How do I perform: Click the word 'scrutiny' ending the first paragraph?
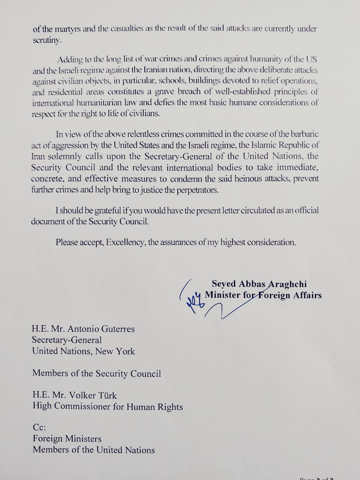[x=46, y=40]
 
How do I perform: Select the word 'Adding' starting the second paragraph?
[x=69, y=59]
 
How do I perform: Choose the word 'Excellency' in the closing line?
[x=126, y=242]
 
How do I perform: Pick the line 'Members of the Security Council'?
[x=97, y=373]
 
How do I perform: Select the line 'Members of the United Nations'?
[x=94, y=450]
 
